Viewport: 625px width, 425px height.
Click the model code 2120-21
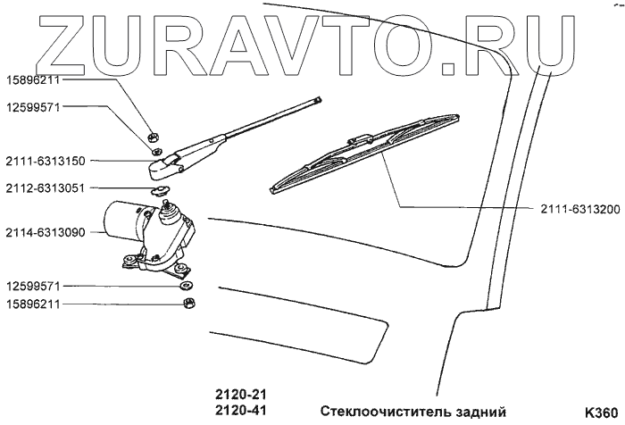[241, 393]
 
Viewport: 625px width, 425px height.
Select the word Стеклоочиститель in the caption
[374, 411]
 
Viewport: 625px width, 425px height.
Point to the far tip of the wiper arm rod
[316, 102]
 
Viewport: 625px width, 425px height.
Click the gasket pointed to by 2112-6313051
[160, 189]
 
